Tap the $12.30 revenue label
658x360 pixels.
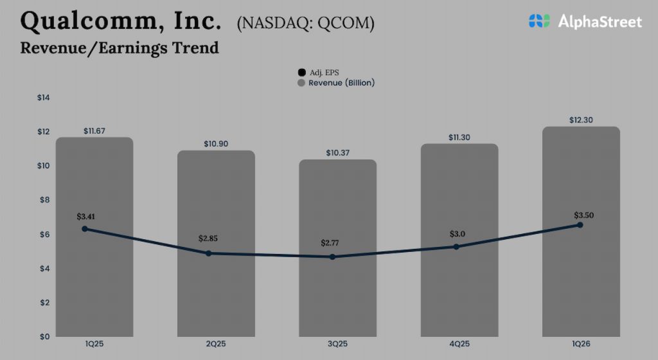[581, 120]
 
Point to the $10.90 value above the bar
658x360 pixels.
[216, 143]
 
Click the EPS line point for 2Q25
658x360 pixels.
[209, 253]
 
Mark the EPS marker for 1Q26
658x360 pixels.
[580, 225]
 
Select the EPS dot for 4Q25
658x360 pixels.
[456, 247]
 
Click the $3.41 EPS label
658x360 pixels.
[86, 216]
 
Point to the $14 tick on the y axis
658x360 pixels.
[44, 98]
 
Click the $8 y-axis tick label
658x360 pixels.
[44, 200]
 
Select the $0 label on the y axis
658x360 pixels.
[44, 336]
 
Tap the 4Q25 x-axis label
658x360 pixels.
[459, 344]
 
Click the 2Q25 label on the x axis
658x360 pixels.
[216, 344]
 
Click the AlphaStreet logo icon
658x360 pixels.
[540, 21]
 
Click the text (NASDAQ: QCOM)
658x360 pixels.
[306, 23]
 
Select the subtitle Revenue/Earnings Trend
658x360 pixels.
[120, 48]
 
